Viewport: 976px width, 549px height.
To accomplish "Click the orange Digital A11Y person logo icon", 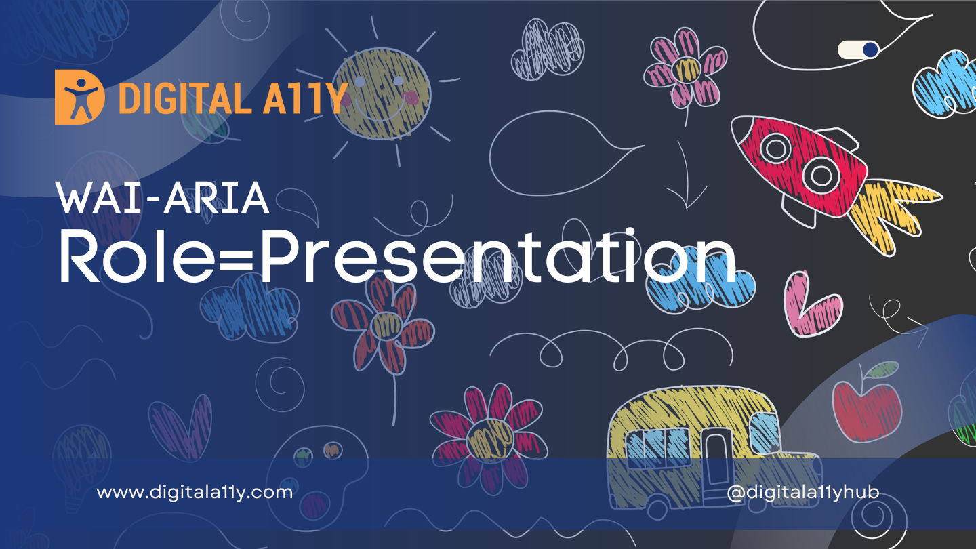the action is [x=80, y=97].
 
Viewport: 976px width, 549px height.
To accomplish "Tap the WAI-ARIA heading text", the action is [x=163, y=198].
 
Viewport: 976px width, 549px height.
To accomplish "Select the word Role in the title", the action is [x=136, y=256].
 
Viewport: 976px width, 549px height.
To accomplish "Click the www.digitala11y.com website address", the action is [x=195, y=493].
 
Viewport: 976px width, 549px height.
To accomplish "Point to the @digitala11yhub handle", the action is [x=803, y=492].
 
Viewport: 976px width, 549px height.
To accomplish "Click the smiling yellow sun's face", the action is [x=382, y=94].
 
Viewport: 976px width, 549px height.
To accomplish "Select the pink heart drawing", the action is [x=811, y=305].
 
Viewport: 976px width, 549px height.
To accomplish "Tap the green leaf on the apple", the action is [x=882, y=369].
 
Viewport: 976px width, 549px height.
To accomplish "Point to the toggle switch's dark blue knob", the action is [x=870, y=49].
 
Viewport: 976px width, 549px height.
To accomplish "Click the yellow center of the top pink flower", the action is [x=686, y=69].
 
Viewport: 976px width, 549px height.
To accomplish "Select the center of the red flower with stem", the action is [x=386, y=325].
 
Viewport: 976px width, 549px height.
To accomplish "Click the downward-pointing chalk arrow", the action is [x=685, y=174].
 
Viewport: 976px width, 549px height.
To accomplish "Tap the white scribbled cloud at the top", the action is [x=548, y=50].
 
